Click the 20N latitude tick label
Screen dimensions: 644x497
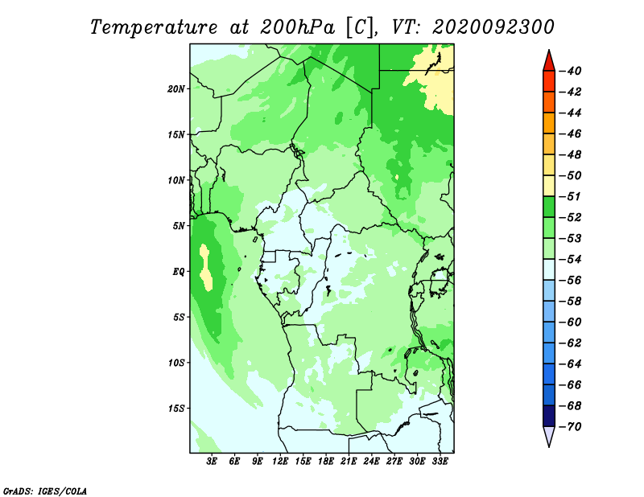(x=176, y=88)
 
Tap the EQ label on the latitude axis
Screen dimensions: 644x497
(x=179, y=272)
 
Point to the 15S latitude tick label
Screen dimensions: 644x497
(x=176, y=409)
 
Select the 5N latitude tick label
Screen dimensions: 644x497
(x=179, y=226)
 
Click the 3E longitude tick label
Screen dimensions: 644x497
(x=212, y=462)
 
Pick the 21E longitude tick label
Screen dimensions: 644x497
(x=349, y=462)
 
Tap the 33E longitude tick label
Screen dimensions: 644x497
(x=440, y=462)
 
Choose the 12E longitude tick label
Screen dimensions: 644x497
(x=280, y=462)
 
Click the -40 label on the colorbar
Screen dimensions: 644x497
(x=571, y=71)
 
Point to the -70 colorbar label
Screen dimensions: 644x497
(x=571, y=427)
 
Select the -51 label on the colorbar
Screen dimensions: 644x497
(x=571, y=196)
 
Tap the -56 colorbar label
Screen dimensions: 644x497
(x=571, y=281)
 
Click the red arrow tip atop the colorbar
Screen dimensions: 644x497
(x=549, y=51)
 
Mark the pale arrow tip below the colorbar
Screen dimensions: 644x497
(x=549, y=446)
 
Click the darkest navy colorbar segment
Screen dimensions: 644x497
(x=549, y=416)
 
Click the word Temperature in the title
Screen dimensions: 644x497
(x=154, y=27)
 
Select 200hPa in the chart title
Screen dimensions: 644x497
(x=298, y=27)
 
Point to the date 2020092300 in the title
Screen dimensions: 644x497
(x=493, y=27)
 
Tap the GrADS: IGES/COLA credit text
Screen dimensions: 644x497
(x=45, y=491)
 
